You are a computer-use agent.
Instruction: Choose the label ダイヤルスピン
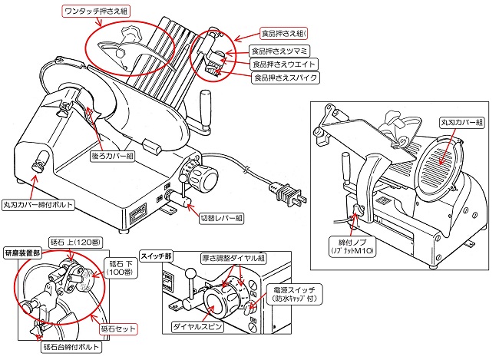[190, 326]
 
